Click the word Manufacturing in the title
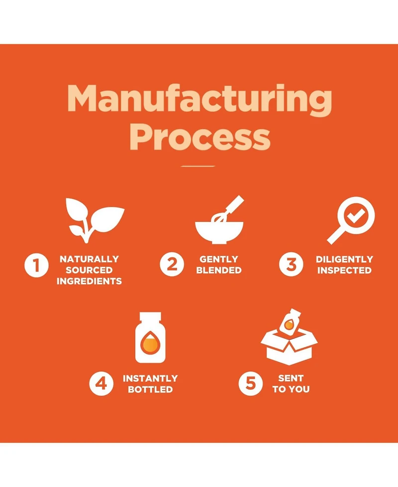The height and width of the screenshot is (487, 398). [x=199, y=99]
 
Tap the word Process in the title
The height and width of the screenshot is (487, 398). [x=199, y=137]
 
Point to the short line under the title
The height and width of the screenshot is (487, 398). [x=198, y=166]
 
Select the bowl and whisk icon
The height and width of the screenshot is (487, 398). [x=219, y=220]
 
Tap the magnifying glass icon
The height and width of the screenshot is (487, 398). [x=351, y=220]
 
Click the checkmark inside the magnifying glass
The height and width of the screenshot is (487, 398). [x=356, y=215]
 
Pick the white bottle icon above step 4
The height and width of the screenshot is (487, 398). [x=150, y=337]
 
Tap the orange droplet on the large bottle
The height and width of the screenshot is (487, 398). [x=150, y=343]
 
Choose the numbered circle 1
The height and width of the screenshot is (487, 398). [x=37, y=265]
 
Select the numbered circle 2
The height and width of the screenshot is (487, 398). [x=172, y=264]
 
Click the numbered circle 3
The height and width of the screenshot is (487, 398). [x=291, y=264]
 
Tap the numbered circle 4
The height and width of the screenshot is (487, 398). [x=101, y=384]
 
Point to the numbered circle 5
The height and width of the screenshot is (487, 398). [x=250, y=384]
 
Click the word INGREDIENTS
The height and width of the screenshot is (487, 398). [x=89, y=281]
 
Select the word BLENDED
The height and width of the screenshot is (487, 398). [x=219, y=270]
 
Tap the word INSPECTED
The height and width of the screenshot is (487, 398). [x=344, y=270]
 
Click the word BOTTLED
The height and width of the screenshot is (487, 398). [x=150, y=389]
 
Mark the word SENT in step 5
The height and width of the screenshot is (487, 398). [x=291, y=378]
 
